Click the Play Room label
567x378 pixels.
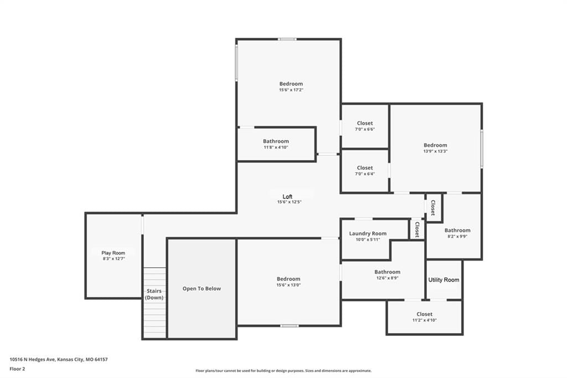click(x=113, y=253)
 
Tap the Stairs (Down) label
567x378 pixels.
click(x=154, y=294)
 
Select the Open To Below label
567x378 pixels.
click(x=202, y=289)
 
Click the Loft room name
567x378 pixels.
click(x=287, y=197)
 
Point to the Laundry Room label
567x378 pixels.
click(x=368, y=233)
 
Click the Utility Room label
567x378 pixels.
click(x=444, y=280)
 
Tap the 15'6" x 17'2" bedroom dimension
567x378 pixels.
click(x=291, y=90)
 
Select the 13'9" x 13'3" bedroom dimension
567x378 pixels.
click(x=435, y=151)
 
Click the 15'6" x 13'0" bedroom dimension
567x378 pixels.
click(x=288, y=285)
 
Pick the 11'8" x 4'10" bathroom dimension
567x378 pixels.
click(x=276, y=147)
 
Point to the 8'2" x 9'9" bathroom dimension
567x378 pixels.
click(x=457, y=237)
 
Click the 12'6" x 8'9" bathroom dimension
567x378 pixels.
click(x=387, y=278)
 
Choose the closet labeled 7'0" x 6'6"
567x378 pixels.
click(x=365, y=123)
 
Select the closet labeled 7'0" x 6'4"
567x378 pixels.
click(x=365, y=167)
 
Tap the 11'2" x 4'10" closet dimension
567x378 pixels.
click(x=425, y=320)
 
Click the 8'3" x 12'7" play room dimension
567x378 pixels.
click(x=114, y=259)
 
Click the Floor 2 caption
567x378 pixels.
click(x=17, y=369)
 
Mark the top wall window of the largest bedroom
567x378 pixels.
click(x=287, y=39)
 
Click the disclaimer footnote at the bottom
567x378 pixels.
click(x=283, y=371)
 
